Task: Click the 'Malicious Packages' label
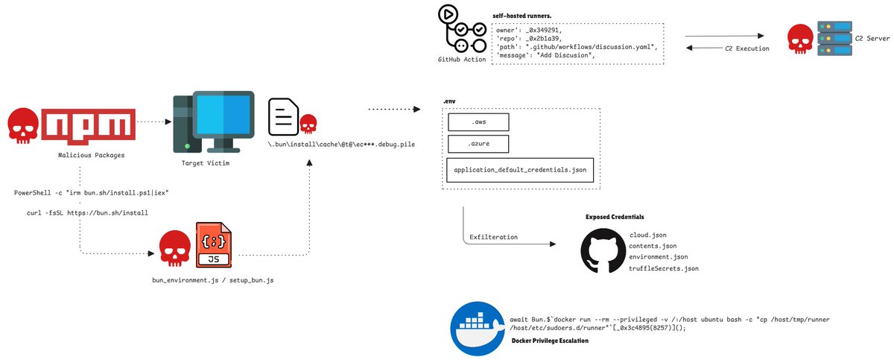(x=90, y=155)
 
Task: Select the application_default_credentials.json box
(x=520, y=170)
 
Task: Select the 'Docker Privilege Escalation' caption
(x=550, y=341)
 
